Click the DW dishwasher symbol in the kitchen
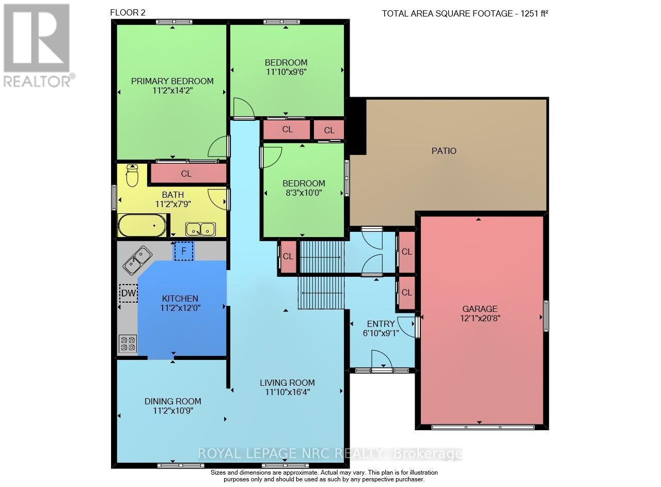click(x=129, y=293)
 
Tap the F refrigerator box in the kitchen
click(x=184, y=251)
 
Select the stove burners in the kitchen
click(x=128, y=343)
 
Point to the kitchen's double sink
click(x=137, y=260)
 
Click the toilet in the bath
click(x=132, y=176)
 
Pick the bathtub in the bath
click(x=142, y=225)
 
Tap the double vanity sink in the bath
click(x=201, y=229)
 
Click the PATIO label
click(x=444, y=151)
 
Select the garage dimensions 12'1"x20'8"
click(x=480, y=318)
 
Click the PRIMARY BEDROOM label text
click(x=172, y=81)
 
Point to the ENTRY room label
click(x=381, y=324)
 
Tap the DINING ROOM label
click(x=173, y=401)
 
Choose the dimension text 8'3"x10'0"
click(x=304, y=193)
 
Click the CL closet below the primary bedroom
click(x=188, y=173)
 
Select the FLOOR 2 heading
click(x=128, y=13)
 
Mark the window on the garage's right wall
click(x=546, y=316)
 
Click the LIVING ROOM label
click(x=287, y=383)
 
